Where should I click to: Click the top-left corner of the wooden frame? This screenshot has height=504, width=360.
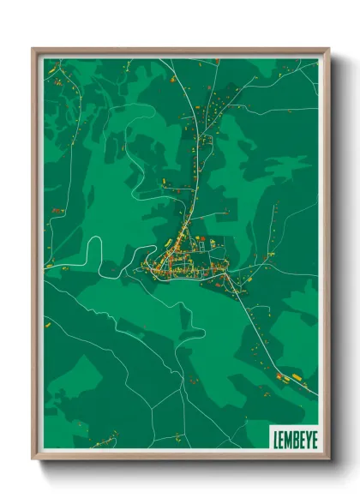point(33,49)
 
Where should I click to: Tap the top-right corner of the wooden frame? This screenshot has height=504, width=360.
point(328,49)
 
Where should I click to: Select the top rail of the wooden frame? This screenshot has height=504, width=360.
point(180,51)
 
